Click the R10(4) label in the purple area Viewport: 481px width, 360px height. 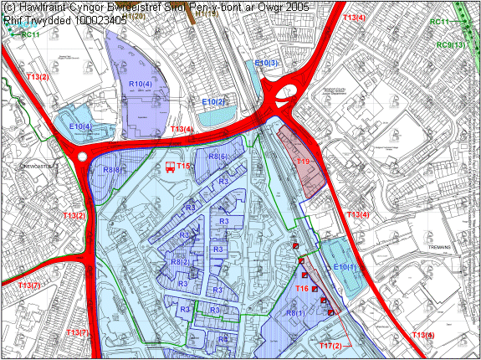140,85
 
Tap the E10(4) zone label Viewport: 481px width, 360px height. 80,126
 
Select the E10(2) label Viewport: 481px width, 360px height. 215,101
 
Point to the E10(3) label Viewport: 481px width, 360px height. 266,63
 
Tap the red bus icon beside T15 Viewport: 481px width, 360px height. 170,167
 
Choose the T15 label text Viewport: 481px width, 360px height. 184,167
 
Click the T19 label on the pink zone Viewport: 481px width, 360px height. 303,162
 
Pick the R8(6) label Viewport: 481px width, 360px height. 218,157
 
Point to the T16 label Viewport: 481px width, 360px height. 302,288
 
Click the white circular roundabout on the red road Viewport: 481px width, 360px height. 81,157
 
